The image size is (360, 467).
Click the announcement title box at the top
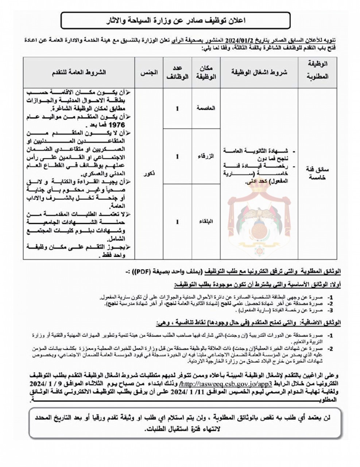[x=175, y=20]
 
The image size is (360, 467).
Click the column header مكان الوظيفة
[x=206, y=72]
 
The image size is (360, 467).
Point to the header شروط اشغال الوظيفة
[x=259, y=72]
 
